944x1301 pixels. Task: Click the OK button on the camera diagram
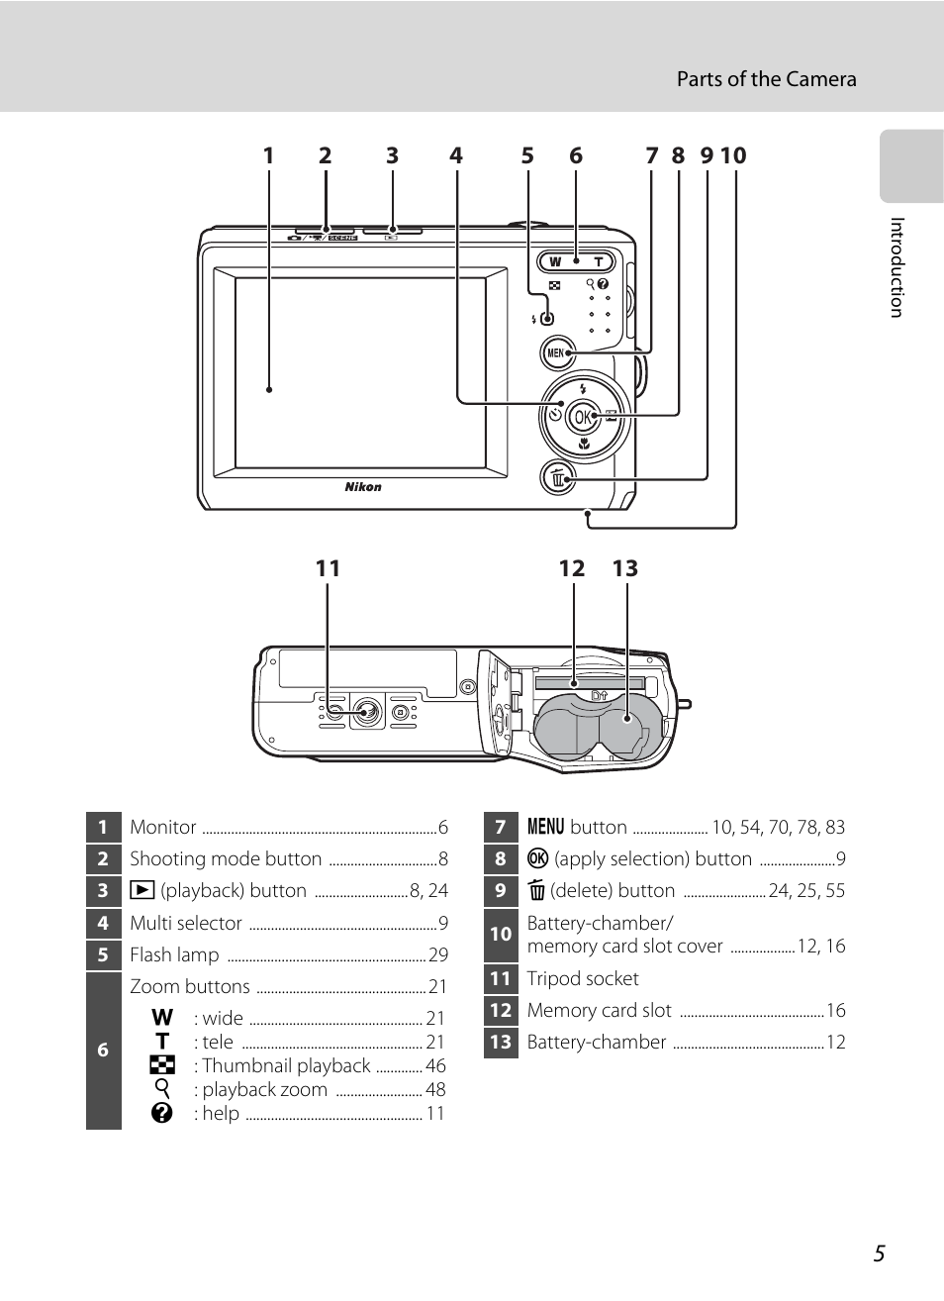point(583,417)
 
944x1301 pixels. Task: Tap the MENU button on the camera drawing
point(557,352)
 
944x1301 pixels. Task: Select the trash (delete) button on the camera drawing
point(558,478)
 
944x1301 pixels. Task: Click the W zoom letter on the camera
point(555,262)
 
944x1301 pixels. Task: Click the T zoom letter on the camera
point(598,262)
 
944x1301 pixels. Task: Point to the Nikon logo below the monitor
point(363,487)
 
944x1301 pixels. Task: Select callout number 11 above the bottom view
point(328,568)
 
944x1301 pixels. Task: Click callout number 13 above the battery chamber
point(625,568)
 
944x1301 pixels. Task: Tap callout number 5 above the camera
point(527,155)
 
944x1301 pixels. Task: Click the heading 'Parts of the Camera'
point(766,79)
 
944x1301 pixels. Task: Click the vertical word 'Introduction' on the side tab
point(897,267)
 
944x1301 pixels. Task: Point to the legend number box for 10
point(501,934)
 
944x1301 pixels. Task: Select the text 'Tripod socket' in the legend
point(583,978)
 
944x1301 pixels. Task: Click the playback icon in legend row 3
point(142,890)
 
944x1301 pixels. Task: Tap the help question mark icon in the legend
point(162,1113)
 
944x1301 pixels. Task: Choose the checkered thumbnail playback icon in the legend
point(162,1065)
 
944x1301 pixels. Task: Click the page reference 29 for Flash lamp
point(438,954)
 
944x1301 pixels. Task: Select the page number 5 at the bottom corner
point(880,1253)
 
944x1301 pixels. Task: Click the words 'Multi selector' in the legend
point(186,923)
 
